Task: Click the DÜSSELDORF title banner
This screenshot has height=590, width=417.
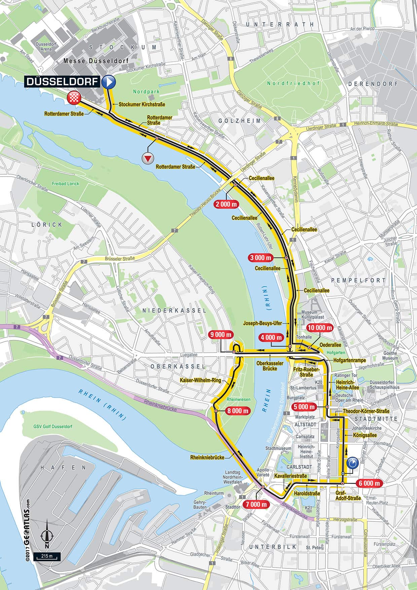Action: pyautogui.click(x=62, y=82)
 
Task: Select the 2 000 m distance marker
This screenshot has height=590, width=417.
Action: pyautogui.click(x=228, y=204)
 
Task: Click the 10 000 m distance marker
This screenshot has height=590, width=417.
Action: pyautogui.click(x=319, y=327)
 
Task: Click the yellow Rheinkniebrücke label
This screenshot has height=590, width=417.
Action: pyautogui.click(x=207, y=457)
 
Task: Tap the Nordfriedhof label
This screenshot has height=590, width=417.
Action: pyautogui.click(x=294, y=83)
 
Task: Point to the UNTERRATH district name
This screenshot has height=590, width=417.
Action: pyautogui.click(x=279, y=25)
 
